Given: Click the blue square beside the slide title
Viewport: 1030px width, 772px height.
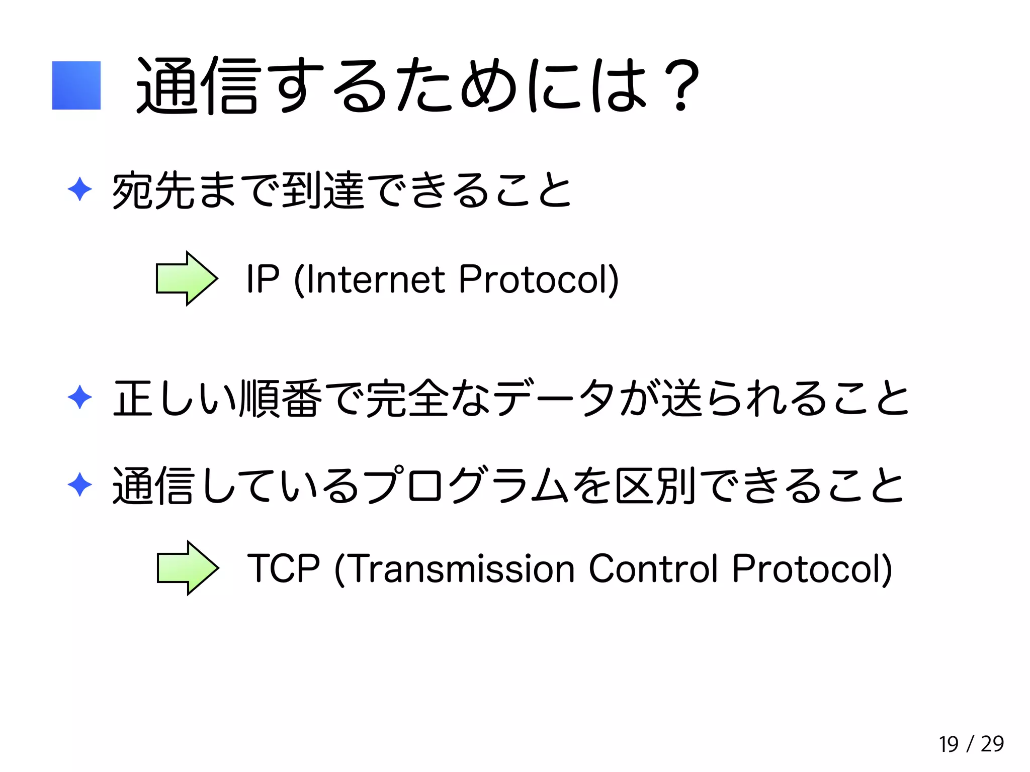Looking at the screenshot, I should (76, 85).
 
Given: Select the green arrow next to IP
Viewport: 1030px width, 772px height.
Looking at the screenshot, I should (187, 278).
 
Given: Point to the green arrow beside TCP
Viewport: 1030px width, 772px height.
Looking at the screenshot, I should (188, 568).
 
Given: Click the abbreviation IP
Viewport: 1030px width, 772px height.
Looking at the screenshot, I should (263, 279).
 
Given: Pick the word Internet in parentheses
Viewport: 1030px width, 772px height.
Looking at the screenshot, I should (375, 279).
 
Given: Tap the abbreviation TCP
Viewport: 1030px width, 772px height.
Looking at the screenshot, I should (284, 568).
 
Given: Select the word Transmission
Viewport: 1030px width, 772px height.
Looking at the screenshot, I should (462, 568).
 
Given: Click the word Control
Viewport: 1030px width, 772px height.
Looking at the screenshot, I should (653, 568).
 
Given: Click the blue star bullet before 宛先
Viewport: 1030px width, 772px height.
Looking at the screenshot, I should (79, 189).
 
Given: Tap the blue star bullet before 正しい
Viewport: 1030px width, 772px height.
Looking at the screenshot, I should (79, 398).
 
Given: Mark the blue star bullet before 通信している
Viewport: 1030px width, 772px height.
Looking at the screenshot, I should (79, 485).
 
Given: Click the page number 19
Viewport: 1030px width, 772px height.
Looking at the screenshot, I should (949, 744).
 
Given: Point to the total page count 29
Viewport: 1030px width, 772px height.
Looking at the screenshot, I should (992, 744).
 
